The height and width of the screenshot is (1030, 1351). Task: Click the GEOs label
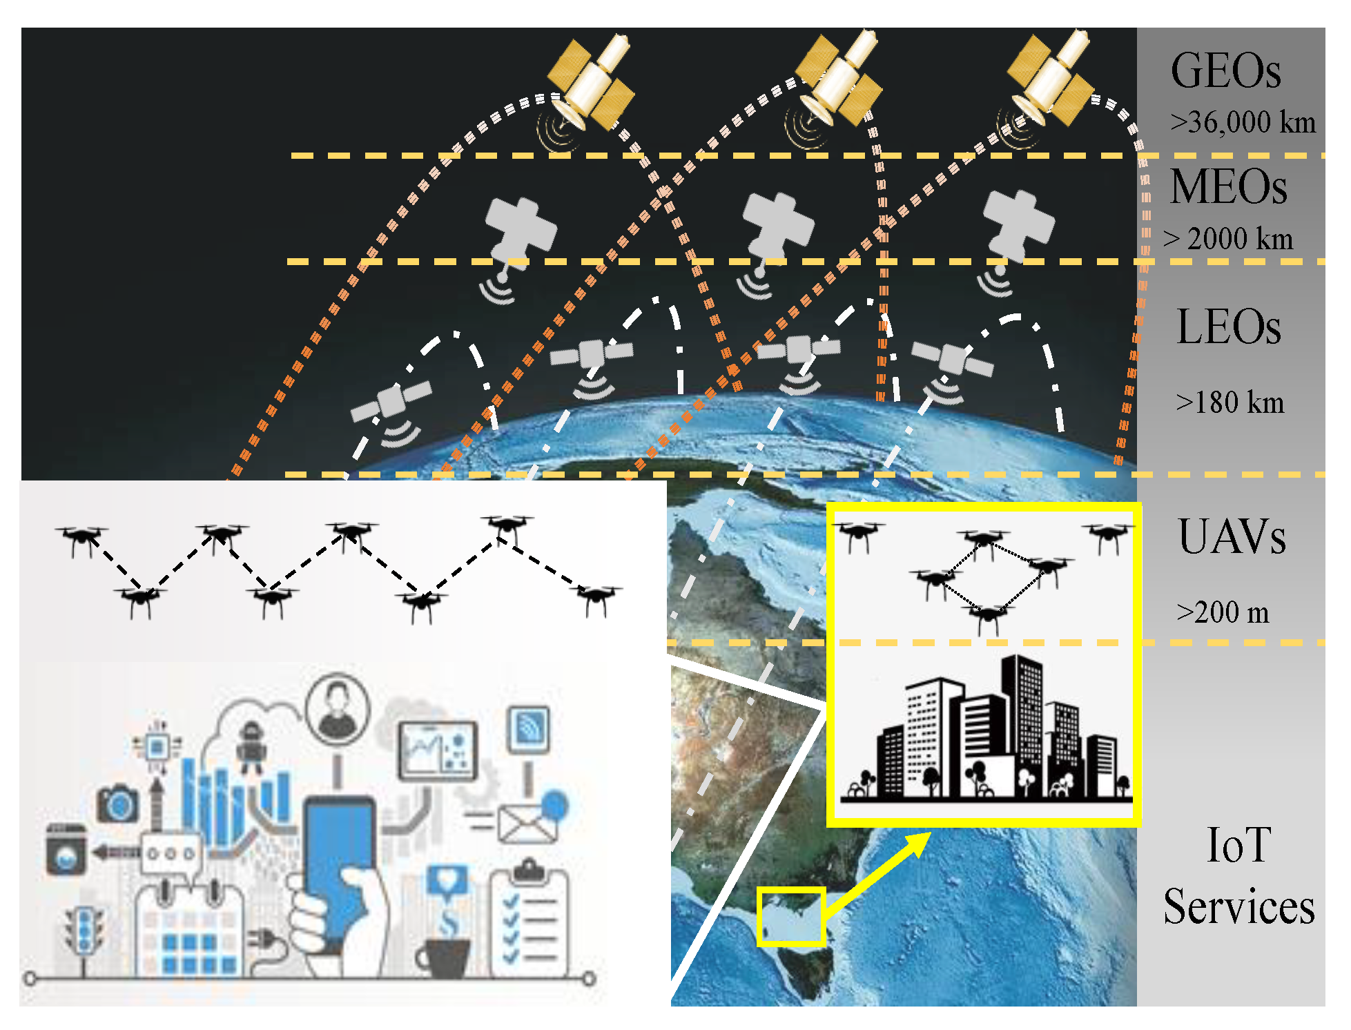pos(1225,71)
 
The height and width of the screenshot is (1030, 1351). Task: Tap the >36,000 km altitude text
pos(1243,122)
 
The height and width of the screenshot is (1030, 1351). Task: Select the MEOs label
pos(1229,187)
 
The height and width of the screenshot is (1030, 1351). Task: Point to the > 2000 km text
pos(1228,239)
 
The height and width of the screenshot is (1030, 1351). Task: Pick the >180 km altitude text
pos(1230,402)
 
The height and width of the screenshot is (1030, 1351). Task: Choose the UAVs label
pos(1232,536)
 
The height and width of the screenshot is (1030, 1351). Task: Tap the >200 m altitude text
pos(1223,612)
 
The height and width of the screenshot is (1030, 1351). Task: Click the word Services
pos(1239,906)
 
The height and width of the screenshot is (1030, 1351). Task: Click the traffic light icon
pos(84,930)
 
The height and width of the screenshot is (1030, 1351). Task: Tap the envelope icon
pos(527,823)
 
